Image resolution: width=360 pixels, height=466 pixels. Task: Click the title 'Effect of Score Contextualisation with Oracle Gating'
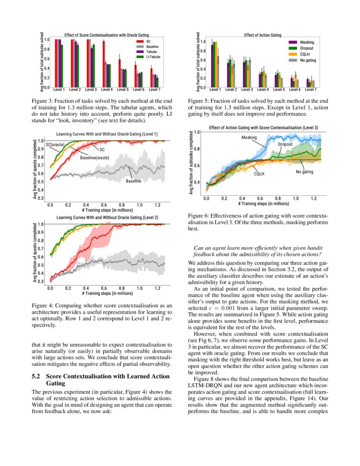tap(106, 35)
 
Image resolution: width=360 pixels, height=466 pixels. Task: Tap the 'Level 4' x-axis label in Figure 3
tap(107, 90)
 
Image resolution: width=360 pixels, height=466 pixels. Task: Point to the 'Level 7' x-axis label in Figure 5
tap(311, 90)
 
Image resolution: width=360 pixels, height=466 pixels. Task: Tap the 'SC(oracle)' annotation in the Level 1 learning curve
tap(55, 145)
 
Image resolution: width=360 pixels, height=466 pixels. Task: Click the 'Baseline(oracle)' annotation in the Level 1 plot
tap(94, 158)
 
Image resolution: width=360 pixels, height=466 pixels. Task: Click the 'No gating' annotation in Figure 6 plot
tap(304, 172)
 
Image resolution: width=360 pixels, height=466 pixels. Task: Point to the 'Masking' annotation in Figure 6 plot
tap(249, 138)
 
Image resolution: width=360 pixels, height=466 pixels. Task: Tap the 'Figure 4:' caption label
tap(44, 305)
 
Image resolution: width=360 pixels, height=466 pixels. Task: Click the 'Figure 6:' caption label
tap(200, 216)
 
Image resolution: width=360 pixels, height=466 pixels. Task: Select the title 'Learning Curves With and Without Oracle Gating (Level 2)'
tap(107, 217)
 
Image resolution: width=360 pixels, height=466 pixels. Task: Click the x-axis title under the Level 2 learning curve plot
tap(107, 293)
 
